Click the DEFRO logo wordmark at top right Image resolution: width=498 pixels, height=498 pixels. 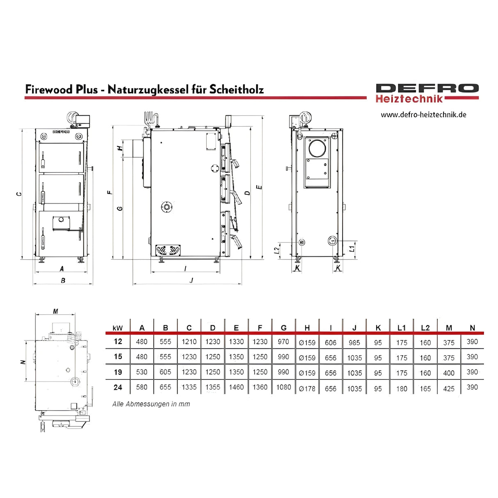[x=427, y=89]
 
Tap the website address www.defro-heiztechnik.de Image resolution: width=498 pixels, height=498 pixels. [x=423, y=115]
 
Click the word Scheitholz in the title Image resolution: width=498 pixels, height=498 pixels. [x=237, y=89]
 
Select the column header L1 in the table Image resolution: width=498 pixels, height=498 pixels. [x=402, y=328]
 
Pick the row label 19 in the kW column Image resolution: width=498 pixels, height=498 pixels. [x=118, y=372]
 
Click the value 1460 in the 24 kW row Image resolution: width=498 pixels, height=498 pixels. [x=236, y=387]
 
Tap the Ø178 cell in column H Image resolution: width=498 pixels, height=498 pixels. [x=307, y=388]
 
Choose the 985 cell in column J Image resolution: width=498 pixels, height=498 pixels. [x=354, y=342]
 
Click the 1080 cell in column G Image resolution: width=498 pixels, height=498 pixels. [x=283, y=387]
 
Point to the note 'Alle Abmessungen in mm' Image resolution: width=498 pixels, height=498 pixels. [x=151, y=404]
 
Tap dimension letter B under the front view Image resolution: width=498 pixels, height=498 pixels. [x=63, y=281]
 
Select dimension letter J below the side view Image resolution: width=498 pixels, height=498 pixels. [x=191, y=281]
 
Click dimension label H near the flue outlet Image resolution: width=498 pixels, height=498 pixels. [x=120, y=148]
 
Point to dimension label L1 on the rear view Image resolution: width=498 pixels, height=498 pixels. [x=352, y=249]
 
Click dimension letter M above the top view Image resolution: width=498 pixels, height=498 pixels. [x=55, y=311]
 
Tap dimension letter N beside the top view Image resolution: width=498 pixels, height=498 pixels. [x=23, y=362]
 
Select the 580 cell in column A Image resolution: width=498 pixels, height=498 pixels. [x=142, y=387]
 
